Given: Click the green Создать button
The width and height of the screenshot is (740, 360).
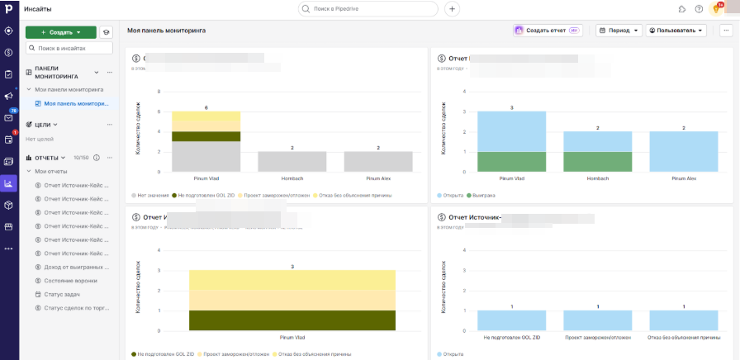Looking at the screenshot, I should click(x=60, y=32).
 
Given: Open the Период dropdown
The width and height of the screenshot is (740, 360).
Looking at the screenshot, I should click(x=618, y=31).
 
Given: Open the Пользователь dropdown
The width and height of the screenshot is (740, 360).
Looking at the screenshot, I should click(x=676, y=31).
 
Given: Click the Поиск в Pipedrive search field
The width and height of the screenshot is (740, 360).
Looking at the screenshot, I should click(x=368, y=9).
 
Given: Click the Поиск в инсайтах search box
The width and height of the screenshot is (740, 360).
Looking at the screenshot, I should click(x=69, y=49).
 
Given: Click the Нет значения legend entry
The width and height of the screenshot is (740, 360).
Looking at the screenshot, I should click(x=153, y=196).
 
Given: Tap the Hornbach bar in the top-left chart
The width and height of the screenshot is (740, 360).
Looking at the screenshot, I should click(x=292, y=162).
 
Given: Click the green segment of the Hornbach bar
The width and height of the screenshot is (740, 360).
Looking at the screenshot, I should click(x=597, y=162).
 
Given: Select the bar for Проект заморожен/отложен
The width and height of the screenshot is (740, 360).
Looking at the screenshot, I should click(x=597, y=320).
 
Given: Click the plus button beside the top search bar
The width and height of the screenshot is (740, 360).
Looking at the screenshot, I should click(x=452, y=9).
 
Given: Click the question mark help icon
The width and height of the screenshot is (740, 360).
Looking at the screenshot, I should click(x=699, y=9).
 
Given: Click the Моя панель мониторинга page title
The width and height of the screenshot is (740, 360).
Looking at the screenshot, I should click(x=166, y=31).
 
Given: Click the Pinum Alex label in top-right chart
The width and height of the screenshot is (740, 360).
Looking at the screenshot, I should click(x=683, y=178).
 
